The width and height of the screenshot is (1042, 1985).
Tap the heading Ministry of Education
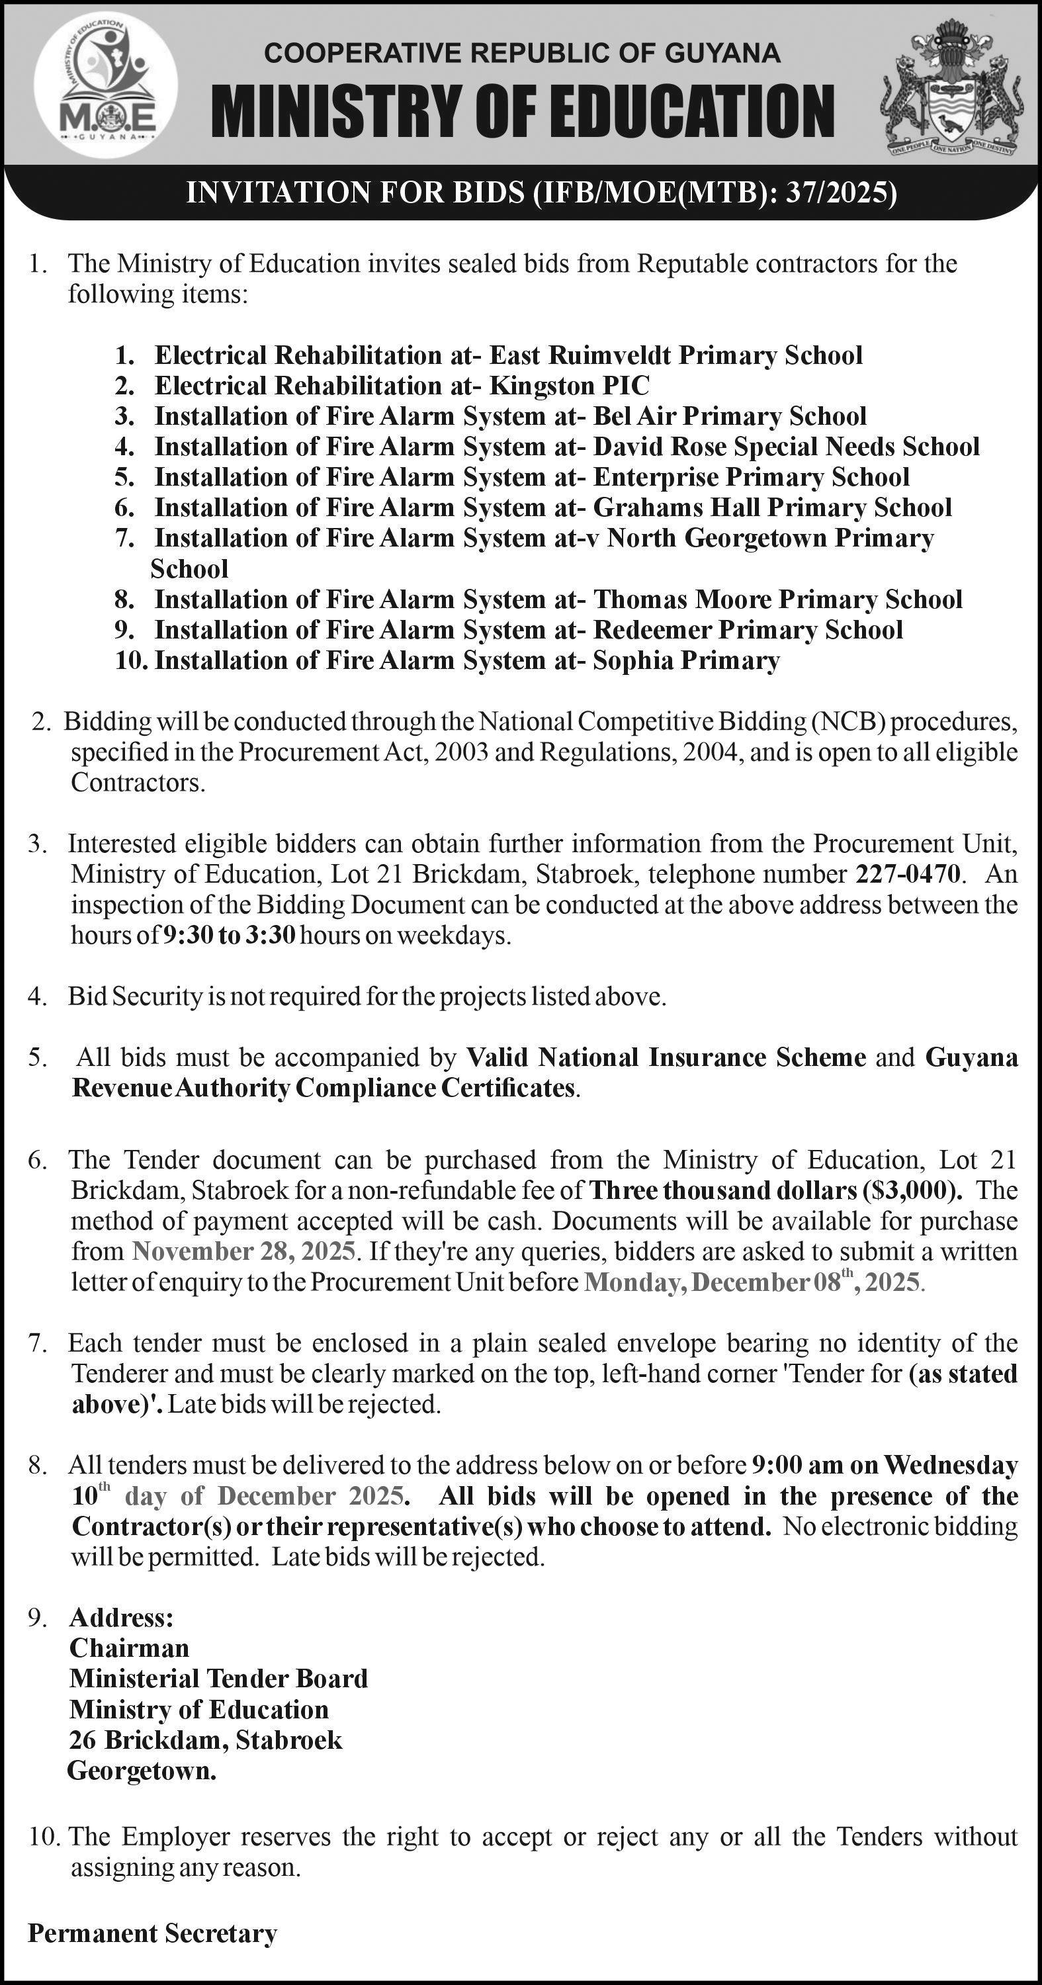(523, 112)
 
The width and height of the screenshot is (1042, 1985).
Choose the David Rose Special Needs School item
(786, 446)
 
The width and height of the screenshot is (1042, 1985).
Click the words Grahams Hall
(673, 507)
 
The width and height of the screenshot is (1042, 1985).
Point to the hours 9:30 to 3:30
(229, 936)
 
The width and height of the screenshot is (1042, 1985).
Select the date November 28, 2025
(243, 1251)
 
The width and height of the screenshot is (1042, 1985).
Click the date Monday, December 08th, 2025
(752, 1282)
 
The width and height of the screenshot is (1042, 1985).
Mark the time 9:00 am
(797, 1465)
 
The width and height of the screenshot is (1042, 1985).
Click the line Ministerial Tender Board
(219, 1678)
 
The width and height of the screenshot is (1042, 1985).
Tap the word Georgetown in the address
(142, 1770)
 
